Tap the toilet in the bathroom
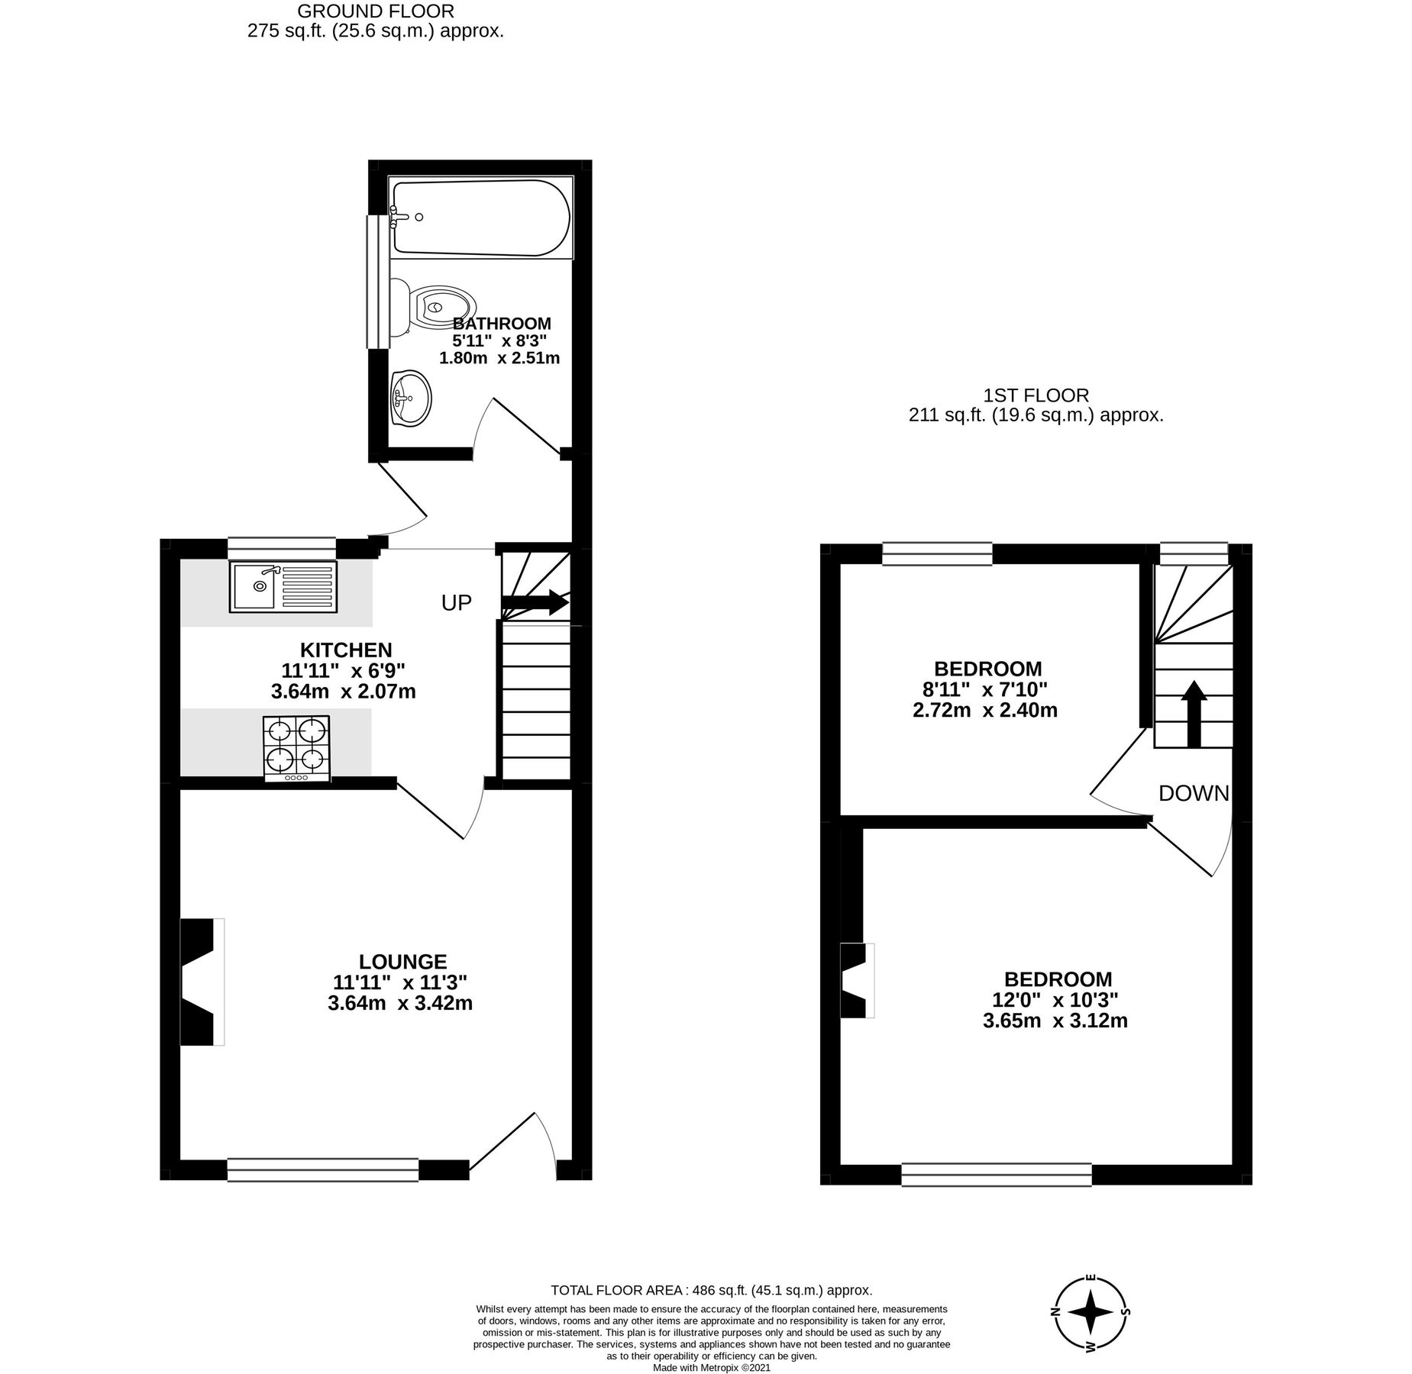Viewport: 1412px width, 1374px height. click(435, 308)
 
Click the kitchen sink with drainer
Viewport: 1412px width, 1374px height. click(283, 585)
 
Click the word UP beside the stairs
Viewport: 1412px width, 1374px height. click(457, 603)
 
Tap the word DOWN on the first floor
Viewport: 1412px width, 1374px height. click(1193, 793)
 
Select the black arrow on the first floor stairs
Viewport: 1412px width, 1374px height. click(1194, 713)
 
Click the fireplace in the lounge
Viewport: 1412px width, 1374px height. click(201, 981)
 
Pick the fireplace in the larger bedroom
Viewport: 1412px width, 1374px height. click(856, 980)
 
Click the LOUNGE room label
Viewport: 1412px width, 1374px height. click(402, 961)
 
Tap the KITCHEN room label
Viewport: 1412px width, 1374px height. click(346, 650)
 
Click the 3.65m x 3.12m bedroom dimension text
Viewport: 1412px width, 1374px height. click(1055, 1021)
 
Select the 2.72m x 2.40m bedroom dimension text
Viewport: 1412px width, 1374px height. click(984, 710)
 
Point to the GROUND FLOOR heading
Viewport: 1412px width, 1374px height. click(375, 11)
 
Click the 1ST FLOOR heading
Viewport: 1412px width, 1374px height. click(1035, 395)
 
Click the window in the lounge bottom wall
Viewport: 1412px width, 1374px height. click(322, 1169)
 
